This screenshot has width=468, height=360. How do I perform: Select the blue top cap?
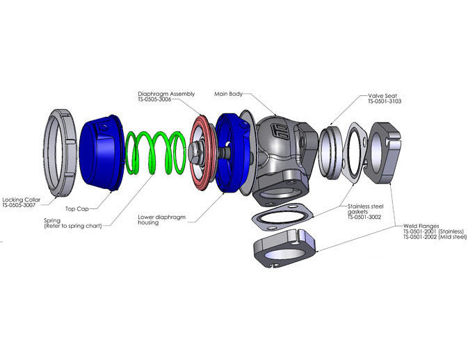point(102,152)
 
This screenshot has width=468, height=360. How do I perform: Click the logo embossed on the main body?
point(280,131)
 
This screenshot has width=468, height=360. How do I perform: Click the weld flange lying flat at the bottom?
point(284,248)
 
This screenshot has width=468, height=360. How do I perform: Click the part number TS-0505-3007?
point(19,206)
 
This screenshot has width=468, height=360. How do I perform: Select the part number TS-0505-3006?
point(154,99)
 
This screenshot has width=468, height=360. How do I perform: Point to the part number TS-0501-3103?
point(385,101)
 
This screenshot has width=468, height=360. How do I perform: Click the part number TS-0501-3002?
point(364,217)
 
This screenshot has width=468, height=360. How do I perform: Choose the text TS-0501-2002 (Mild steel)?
point(435,237)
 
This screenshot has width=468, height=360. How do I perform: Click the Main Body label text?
point(229,94)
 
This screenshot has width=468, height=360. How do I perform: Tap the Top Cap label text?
point(77,208)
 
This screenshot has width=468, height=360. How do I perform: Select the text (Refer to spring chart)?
point(73,226)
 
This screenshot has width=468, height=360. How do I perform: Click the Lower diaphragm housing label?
point(161,220)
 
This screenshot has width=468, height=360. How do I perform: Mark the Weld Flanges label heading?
point(421,226)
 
